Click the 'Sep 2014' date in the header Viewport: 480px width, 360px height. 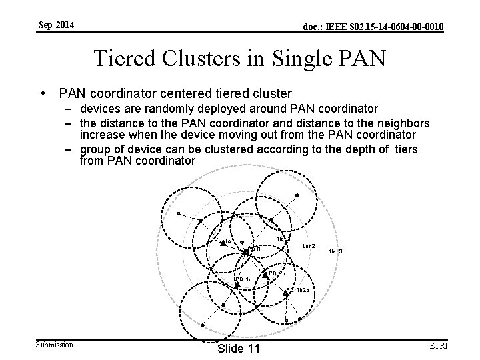pos(56,26)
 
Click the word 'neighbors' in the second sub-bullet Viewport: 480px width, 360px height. pos(397,123)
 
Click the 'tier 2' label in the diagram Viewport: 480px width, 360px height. pos(309,246)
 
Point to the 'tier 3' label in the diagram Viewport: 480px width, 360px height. pos(335,251)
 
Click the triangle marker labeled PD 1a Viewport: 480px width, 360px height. pos(223,244)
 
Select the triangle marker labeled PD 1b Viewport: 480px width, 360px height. pos(265,274)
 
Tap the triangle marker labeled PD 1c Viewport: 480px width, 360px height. pos(237,285)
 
